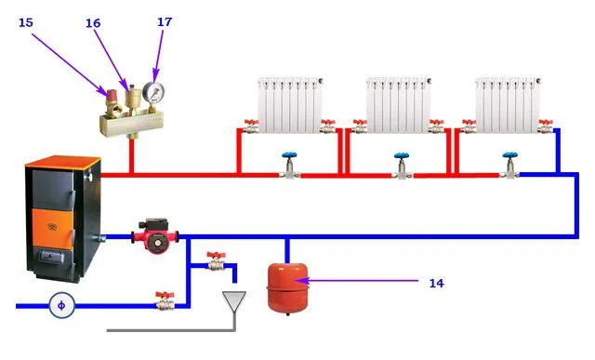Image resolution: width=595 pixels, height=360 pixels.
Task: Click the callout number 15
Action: click(26, 22)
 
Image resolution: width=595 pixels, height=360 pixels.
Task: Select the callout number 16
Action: click(93, 23)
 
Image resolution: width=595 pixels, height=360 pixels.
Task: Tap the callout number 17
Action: click(165, 22)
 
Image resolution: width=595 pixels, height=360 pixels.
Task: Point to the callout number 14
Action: click(436, 283)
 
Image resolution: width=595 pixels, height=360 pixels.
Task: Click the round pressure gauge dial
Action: click(153, 91)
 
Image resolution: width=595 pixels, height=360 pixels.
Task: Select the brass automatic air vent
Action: click(132, 97)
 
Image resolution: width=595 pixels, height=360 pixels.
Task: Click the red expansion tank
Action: click(287, 287)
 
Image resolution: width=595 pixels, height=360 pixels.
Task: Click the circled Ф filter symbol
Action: click(61, 305)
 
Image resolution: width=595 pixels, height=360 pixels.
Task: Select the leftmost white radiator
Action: click(290, 105)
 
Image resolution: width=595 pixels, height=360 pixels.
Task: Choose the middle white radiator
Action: click(399, 105)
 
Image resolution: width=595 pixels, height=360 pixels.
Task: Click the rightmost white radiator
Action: click(508, 105)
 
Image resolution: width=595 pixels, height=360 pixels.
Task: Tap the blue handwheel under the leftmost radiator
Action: click(289, 155)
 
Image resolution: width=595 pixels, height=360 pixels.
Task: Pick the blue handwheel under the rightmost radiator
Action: click(510, 155)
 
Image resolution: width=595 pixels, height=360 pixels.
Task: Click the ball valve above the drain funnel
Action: click(217, 260)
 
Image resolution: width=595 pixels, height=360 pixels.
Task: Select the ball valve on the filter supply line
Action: click(165, 300)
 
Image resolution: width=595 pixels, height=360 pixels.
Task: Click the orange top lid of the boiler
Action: click(62, 161)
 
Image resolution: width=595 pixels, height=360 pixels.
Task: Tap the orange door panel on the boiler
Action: click(52, 227)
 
